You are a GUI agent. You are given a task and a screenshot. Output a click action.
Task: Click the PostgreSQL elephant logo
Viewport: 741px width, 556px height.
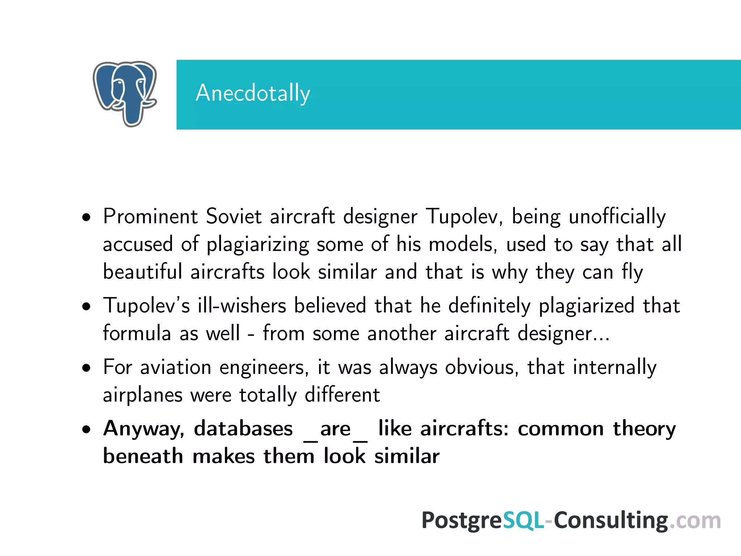(125, 93)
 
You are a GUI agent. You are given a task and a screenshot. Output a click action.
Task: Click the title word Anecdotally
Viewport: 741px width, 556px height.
(253, 93)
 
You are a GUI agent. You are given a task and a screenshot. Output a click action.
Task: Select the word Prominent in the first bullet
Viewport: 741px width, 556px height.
(150, 216)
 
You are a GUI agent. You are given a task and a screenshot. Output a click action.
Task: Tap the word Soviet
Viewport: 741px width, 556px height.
(233, 216)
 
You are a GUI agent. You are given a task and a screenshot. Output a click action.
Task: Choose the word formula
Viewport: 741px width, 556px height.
(137, 333)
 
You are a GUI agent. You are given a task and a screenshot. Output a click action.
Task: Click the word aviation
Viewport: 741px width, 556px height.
(175, 367)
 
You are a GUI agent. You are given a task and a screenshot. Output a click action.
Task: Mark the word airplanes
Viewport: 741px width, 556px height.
(143, 395)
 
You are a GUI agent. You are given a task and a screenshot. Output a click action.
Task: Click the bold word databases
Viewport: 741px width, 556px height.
(243, 429)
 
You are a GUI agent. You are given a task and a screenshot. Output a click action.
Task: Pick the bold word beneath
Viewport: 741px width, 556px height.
(143, 456)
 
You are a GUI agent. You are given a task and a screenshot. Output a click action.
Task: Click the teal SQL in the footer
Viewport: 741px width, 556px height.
(523, 521)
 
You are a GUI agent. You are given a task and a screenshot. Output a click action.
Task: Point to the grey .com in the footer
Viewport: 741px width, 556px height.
(695, 521)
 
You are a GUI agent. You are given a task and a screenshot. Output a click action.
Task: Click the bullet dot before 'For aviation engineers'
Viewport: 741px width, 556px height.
(86, 368)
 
